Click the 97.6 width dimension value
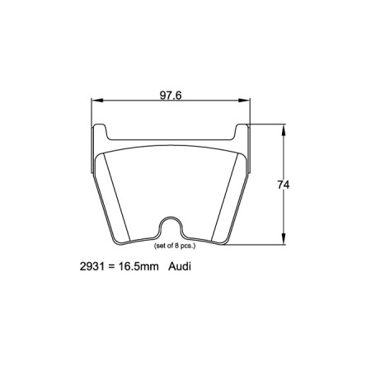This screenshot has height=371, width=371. pyautogui.click(x=171, y=95)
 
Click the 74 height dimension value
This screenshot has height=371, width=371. pyautogui.click(x=284, y=185)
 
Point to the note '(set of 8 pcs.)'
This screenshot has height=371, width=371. pyautogui.click(x=171, y=246)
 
